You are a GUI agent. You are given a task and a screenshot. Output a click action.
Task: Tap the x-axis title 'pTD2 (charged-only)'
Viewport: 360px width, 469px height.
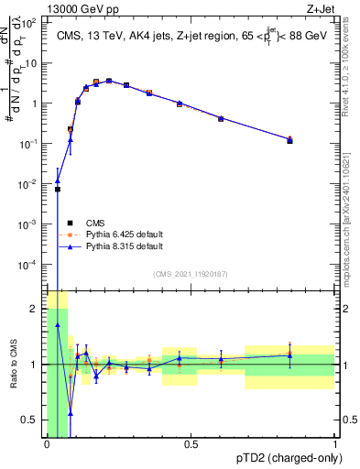coord(285,459)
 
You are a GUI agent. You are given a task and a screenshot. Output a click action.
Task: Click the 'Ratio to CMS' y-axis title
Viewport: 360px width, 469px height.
coord(14,365)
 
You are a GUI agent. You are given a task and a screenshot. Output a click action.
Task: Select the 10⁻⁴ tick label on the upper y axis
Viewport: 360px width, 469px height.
coord(29,264)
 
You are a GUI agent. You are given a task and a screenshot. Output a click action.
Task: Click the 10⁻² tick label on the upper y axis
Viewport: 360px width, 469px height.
coord(29,183)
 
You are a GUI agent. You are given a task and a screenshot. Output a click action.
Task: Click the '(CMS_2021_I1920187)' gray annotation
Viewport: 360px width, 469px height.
coord(191,273)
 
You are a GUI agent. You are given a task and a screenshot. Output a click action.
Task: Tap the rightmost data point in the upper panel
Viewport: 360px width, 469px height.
coord(289,140)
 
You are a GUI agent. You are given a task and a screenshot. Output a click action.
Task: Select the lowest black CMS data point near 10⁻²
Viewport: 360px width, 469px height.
coord(58,190)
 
